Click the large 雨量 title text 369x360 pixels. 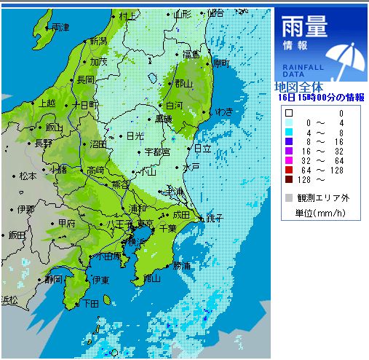(304, 27)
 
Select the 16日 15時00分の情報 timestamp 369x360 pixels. (321, 96)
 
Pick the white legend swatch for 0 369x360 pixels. (289, 113)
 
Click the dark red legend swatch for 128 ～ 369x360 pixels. (289, 179)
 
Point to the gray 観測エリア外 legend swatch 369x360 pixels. (289, 197)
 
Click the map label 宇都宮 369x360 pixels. (156, 152)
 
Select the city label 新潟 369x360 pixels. (98, 41)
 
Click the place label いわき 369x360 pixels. (224, 111)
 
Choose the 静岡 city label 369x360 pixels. (52, 278)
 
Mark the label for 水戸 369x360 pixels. (191, 167)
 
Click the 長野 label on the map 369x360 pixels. (44, 144)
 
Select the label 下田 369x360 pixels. (91, 303)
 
